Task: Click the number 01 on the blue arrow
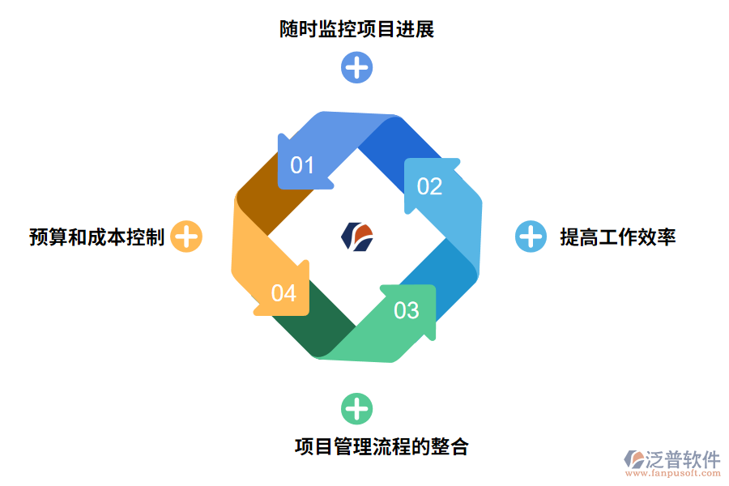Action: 302,165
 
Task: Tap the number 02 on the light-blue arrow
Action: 429,186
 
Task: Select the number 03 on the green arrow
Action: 407,309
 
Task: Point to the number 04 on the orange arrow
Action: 283,292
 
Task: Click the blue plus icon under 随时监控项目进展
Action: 356,67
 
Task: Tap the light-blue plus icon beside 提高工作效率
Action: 531,237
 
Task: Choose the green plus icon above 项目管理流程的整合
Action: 356,409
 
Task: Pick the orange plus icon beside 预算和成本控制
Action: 186,237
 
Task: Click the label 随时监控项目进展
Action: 356,30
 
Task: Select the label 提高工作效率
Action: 617,237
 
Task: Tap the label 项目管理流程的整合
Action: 381,446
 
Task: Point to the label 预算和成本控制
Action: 97,237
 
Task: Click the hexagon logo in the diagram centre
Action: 357,236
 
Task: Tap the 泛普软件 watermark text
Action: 682,459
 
